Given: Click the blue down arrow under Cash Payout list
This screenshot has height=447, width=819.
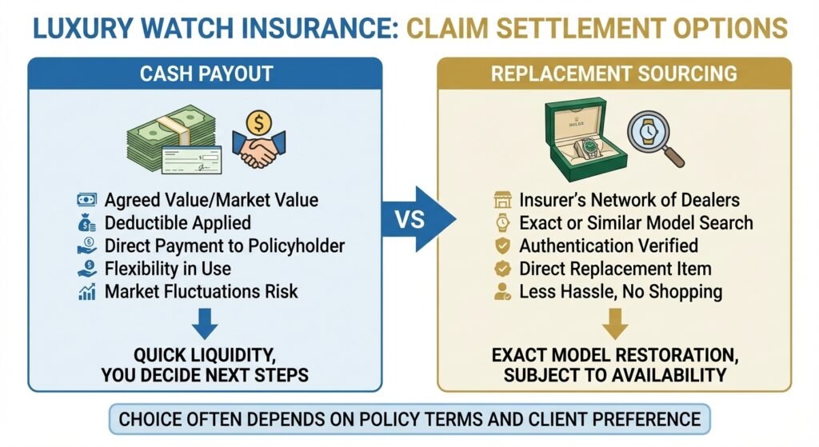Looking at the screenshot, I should coord(206,325).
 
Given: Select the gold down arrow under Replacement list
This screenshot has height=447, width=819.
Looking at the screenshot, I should coord(613,325).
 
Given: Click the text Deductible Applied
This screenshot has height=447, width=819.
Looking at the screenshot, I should coord(178,222).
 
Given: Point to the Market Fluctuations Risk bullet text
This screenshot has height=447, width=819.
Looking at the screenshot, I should coord(202,291).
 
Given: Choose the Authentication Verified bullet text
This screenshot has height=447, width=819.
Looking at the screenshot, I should coord(609,245).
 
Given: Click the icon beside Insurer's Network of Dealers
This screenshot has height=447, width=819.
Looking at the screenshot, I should coord(503,200).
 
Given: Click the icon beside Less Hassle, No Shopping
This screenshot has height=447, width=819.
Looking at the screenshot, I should coord(503,292).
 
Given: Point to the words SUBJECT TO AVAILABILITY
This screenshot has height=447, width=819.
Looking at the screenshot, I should coord(613,374).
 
